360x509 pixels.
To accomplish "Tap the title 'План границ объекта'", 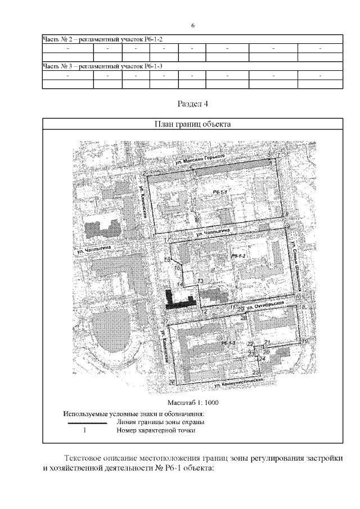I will [192, 124].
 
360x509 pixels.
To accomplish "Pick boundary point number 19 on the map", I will [305, 341].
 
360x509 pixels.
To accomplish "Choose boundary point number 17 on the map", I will [167, 240].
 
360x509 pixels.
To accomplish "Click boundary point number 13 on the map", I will [200, 280].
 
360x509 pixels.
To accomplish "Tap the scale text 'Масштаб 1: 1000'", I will [193, 403].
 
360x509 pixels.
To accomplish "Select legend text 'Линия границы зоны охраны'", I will [160, 421].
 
